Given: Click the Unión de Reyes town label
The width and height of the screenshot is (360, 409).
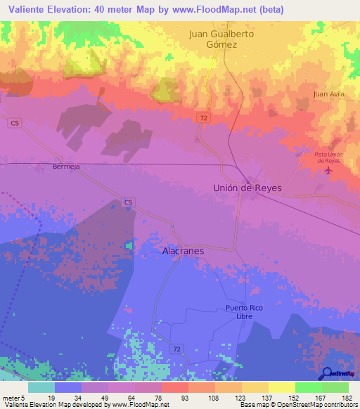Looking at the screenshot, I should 247,188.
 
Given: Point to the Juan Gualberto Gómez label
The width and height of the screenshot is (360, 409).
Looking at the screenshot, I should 221,39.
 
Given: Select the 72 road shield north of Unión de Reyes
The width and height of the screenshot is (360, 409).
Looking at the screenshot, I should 202,118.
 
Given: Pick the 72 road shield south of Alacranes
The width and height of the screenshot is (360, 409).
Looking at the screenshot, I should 175,349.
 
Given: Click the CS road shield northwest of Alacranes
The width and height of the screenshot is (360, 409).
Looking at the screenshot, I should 128,202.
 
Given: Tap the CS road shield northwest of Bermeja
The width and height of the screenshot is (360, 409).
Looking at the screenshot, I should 14,122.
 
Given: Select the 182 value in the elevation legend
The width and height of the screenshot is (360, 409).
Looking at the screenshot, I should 347,398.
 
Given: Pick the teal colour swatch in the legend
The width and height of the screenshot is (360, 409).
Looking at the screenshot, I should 41,387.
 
